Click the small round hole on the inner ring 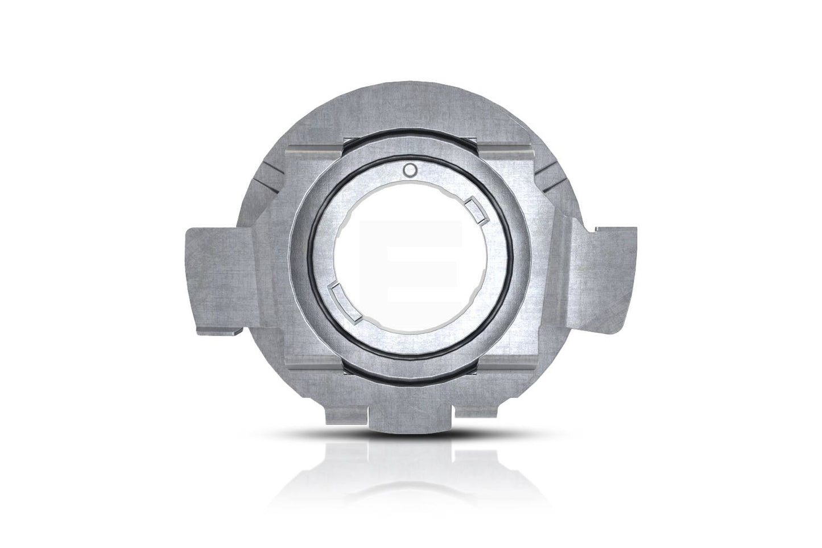click(x=410, y=169)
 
